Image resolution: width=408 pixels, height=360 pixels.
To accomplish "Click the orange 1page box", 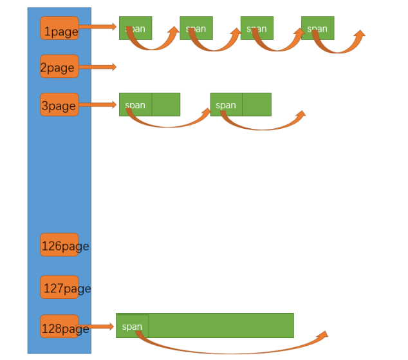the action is pos(59,28).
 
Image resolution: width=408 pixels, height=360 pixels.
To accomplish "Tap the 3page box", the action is pos(59,104).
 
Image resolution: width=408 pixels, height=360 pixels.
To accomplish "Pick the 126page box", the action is pos(59,245).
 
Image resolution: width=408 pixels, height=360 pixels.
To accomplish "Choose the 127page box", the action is pos(59,287).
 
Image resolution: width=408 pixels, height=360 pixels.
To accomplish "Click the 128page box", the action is pos(59,327).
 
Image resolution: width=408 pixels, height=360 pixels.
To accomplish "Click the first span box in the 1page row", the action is pos(136,28).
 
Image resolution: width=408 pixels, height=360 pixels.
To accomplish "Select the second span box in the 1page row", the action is pos(196,28).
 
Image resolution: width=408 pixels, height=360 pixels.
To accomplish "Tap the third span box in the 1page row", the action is pos(257,28).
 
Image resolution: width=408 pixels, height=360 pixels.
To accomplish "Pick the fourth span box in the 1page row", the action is pos(317,28).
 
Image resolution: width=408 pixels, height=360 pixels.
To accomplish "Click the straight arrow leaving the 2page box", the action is pos(98,66).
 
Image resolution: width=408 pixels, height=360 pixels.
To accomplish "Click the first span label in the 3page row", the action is pos(135,105).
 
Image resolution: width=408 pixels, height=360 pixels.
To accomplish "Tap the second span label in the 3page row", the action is pos(226,105).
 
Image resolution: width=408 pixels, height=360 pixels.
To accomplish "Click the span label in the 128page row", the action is pos(132,327).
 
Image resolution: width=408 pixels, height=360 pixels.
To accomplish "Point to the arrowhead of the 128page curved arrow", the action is pos(321,336).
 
